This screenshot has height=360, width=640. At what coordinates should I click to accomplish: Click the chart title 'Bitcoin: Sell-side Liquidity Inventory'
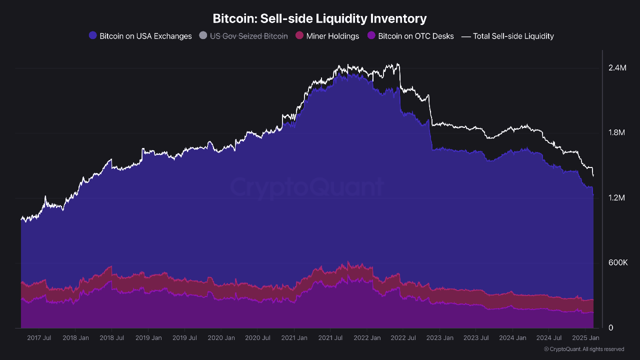[x=319, y=18]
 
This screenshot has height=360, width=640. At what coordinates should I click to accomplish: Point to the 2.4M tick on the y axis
[x=617, y=67]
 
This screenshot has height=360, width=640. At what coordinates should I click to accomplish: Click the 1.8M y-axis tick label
[x=617, y=132]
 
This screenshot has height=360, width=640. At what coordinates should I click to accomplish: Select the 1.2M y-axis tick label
[x=617, y=198]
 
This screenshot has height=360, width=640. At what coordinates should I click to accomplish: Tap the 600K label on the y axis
[x=617, y=263]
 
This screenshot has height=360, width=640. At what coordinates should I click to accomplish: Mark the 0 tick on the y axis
[x=610, y=328]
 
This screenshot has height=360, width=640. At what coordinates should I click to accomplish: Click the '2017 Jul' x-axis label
[x=39, y=338]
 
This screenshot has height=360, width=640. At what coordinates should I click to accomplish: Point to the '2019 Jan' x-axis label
[x=149, y=338]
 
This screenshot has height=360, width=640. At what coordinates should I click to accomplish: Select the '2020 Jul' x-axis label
[x=257, y=338]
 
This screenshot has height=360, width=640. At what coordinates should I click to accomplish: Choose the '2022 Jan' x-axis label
[x=367, y=338]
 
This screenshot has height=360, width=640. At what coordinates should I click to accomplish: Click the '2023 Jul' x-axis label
[x=476, y=338]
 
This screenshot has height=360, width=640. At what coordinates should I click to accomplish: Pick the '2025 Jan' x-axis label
[x=586, y=338]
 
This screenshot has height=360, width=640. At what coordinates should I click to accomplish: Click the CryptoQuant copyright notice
[x=584, y=349]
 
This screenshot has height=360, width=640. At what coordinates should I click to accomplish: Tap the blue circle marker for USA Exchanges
[x=92, y=35]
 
